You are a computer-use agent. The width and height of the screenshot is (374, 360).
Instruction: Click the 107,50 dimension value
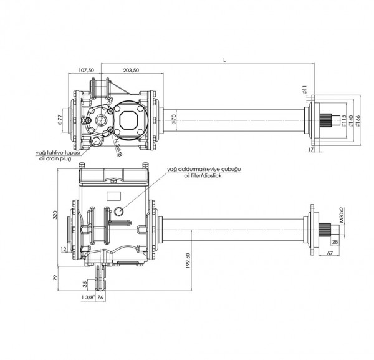point(85,71)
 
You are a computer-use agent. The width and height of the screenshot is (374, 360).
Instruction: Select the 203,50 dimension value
point(132,71)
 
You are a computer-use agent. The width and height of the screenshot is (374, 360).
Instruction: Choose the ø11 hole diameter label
point(305,90)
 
